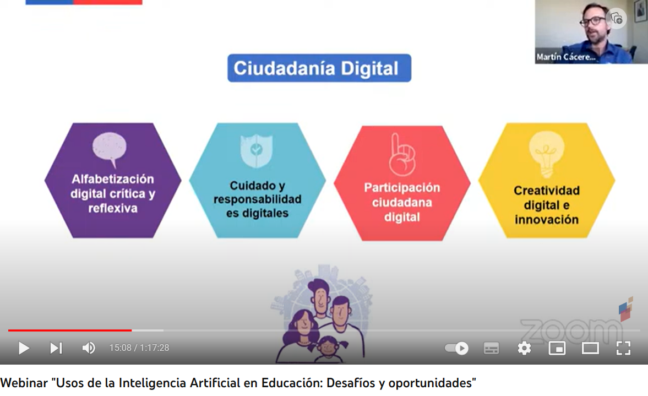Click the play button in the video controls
click(x=24, y=348)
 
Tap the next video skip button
click(x=56, y=348)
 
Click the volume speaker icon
click(x=89, y=348)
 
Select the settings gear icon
click(x=524, y=348)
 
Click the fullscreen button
click(x=623, y=348)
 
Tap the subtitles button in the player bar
click(x=491, y=348)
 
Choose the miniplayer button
click(x=557, y=348)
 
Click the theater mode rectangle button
click(x=590, y=348)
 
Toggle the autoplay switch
click(x=456, y=348)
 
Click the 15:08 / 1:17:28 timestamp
click(x=139, y=348)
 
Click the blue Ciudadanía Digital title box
click(x=319, y=68)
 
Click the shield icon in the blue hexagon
click(x=256, y=150)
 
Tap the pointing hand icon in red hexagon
click(x=402, y=155)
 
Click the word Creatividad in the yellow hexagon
click(x=546, y=191)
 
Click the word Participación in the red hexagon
click(x=402, y=188)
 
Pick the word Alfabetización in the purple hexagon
click(x=113, y=179)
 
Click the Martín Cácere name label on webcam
click(x=566, y=57)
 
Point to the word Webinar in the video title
click(x=24, y=383)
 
